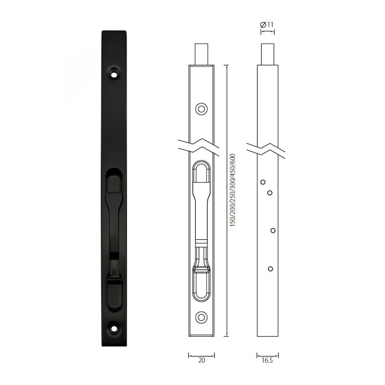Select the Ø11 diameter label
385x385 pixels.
[268, 24]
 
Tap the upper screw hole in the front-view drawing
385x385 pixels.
[201, 108]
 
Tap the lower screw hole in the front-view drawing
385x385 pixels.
[201, 318]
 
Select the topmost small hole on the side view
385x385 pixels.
[263, 182]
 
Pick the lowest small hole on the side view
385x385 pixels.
[269, 268]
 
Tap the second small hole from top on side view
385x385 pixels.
[270, 192]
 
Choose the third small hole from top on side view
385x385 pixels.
[273, 230]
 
